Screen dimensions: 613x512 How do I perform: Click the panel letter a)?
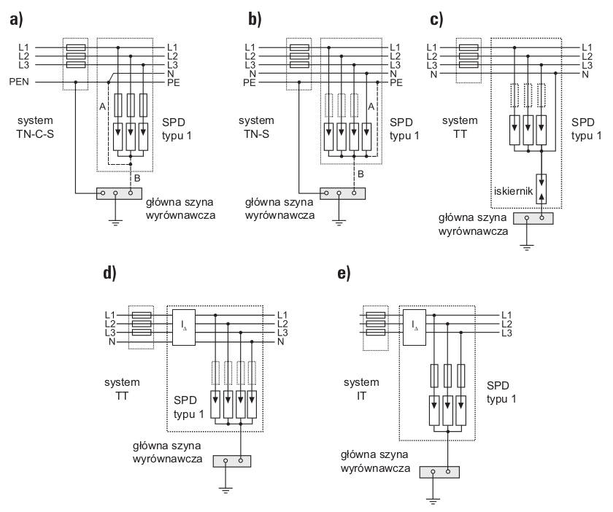point(16,20)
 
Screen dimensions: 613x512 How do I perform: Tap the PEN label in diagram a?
point(19,82)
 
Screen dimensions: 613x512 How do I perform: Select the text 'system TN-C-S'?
point(35,127)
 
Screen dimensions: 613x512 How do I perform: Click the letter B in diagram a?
point(137,178)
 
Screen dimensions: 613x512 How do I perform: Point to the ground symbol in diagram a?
point(115,223)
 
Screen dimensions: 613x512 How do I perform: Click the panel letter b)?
point(255,20)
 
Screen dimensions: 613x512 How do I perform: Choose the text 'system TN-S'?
point(256,127)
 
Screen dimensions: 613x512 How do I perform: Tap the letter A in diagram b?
point(371,106)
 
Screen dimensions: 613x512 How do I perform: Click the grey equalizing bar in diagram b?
point(342,193)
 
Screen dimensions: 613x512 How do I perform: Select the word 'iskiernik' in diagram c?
point(513,191)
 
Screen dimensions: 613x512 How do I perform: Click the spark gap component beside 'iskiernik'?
point(541,189)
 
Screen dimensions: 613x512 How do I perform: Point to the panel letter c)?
point(436,20)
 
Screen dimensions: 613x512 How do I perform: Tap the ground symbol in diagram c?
point(527,247)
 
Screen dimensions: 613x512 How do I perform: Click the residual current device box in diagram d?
point(184,327)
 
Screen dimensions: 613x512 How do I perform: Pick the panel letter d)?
point(110,274)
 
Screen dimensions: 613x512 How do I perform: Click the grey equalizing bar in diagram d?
point(232,461)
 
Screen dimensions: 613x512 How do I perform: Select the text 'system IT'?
point(361,389)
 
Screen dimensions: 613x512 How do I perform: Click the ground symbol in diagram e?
point(433,500)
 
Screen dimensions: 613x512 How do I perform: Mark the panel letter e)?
point(344,274)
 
